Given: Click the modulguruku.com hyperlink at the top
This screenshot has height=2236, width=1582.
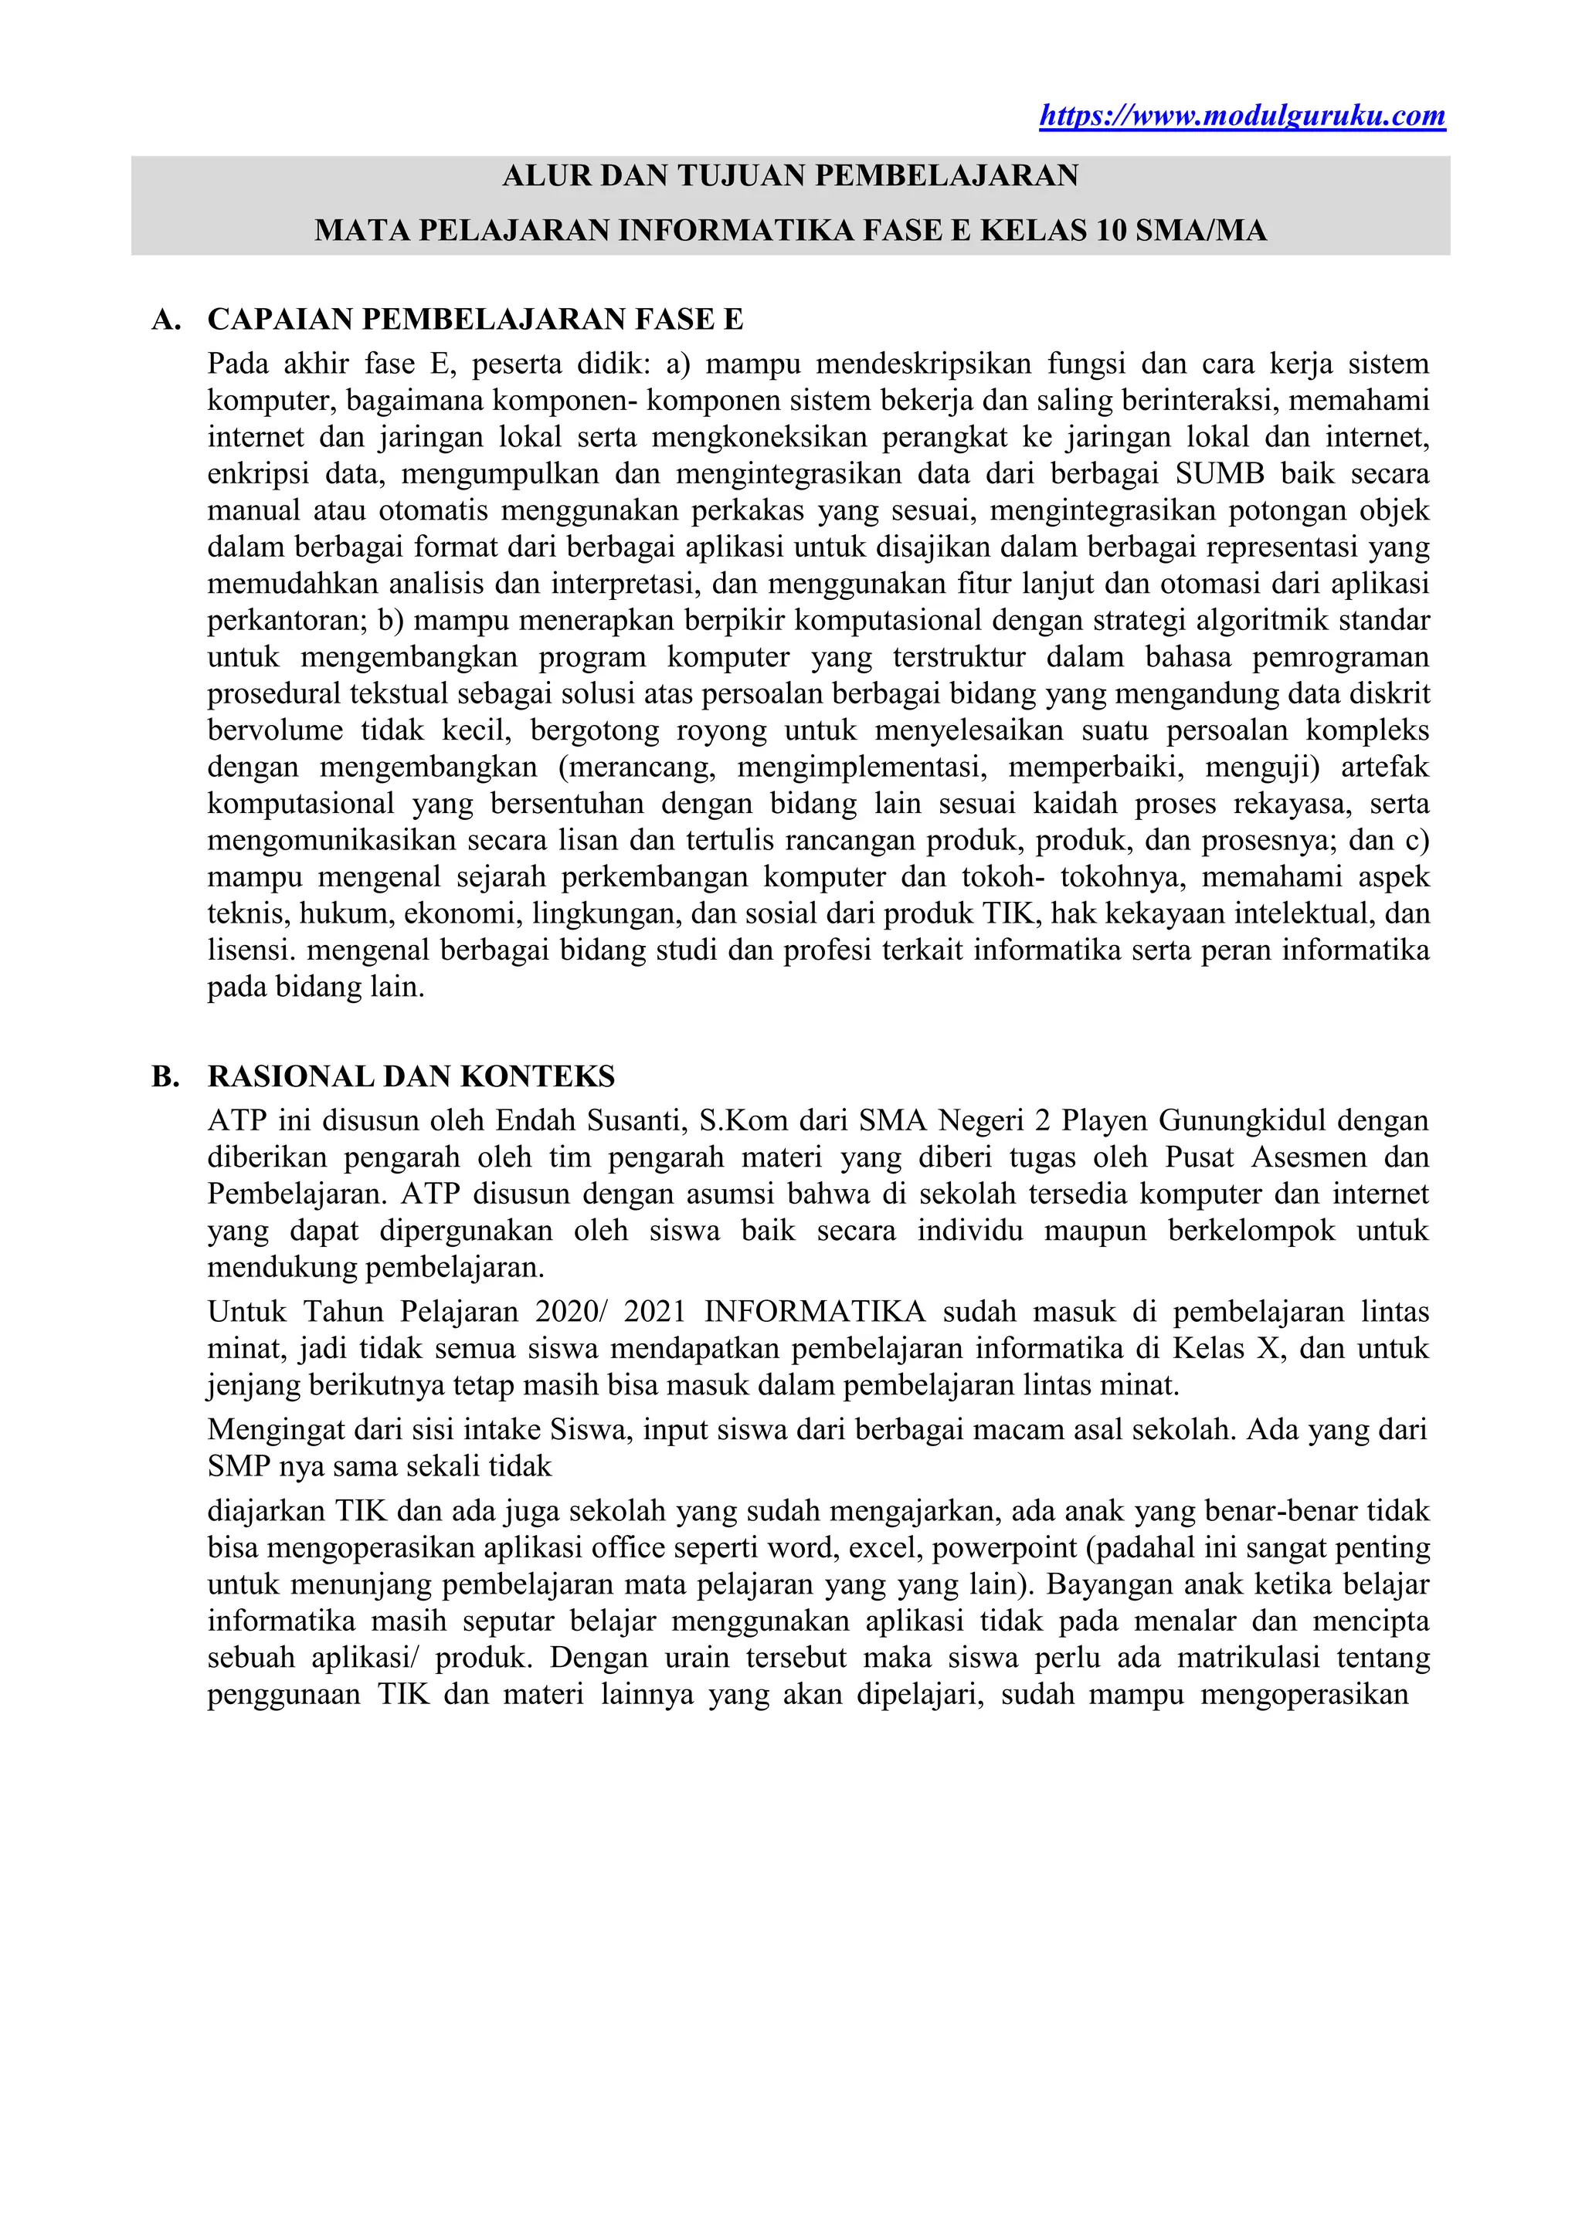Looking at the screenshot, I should click(1242, 116).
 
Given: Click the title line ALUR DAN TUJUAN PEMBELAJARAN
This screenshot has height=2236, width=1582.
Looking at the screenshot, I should click(790, 176).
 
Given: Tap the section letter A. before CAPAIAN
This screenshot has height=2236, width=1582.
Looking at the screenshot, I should click(167, 320).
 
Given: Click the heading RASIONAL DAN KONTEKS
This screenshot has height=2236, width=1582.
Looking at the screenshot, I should click(411, 1076).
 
